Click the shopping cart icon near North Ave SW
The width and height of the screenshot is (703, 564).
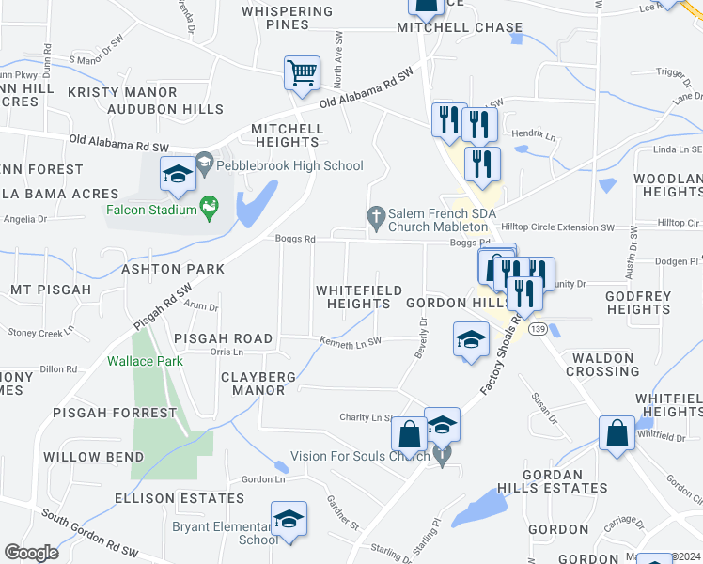[302, 73]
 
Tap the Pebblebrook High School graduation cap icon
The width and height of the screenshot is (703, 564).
[178, 172]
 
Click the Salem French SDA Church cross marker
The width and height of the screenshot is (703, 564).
[376, 216]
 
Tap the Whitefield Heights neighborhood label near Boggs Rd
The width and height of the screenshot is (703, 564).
[359, 297]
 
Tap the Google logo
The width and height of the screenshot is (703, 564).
[31, 553]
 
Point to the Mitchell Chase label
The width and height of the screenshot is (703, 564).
[445, 28]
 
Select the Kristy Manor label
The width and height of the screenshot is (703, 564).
[122, 93]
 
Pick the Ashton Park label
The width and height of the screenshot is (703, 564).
[173, 269]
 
